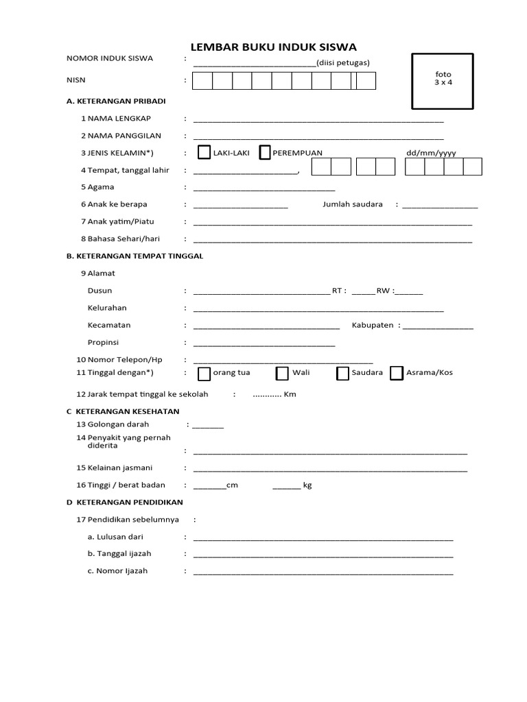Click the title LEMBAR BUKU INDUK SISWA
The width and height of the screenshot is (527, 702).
[273, 47]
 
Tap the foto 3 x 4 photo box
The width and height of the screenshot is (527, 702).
[443, 80]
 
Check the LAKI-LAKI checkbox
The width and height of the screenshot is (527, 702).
[204, 152]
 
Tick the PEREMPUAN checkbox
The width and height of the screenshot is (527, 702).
[264, 152]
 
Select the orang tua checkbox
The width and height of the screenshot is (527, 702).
[204, 373]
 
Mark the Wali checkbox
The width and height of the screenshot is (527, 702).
[282, 373]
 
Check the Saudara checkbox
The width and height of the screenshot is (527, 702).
[343, 373]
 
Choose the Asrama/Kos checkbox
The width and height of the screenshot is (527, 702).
[396, 373]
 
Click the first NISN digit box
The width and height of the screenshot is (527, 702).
[202, 82]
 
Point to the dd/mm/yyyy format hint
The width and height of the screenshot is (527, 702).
[431, 153]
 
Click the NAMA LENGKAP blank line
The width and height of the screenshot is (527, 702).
[318, 120]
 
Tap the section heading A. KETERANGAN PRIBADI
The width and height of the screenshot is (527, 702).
[116, 101]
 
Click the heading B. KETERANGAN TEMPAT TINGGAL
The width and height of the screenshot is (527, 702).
[134, 256]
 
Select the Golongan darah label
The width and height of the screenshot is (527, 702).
[118, 424]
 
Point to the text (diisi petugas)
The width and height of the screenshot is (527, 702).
[343, 62]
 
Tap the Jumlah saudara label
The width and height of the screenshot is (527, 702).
[353, 204]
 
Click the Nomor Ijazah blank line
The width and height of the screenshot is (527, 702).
[323, 572]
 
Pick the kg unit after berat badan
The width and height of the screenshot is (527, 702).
[307, 485]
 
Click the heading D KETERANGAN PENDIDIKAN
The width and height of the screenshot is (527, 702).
[125, 503]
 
